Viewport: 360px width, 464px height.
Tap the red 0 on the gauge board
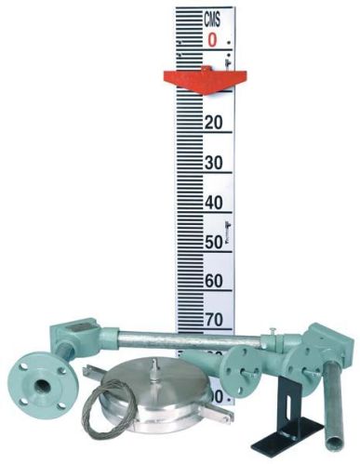coord(213,40)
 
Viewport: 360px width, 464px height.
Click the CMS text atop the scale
coord(214,18)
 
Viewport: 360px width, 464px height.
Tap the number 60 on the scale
coord(214,282)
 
